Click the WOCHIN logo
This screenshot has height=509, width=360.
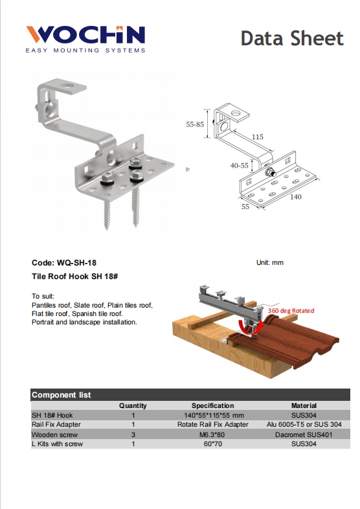(85, 37)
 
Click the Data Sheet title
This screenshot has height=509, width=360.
(292, 38)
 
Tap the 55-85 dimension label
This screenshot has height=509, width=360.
(194, 124)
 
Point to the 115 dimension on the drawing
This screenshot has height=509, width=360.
(257, 137)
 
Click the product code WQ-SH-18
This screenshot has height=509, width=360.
(64, 263)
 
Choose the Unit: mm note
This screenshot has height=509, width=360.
(270, 263)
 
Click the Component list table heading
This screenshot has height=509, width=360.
(62, 394)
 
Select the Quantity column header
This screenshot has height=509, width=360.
(133, 405)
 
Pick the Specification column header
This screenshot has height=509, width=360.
(212, 405)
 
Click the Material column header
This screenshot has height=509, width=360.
(304, 405)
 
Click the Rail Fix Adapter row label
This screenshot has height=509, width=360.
(58, 425)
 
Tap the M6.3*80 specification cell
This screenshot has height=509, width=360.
(212, 435)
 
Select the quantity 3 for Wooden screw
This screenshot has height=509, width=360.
(133, 435)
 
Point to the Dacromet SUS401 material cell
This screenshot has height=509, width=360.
(304, 435)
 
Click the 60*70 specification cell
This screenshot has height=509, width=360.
(212, 444)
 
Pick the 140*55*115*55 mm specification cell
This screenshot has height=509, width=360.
(212, 415)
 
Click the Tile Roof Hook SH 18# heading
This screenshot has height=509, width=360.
(74, 276)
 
